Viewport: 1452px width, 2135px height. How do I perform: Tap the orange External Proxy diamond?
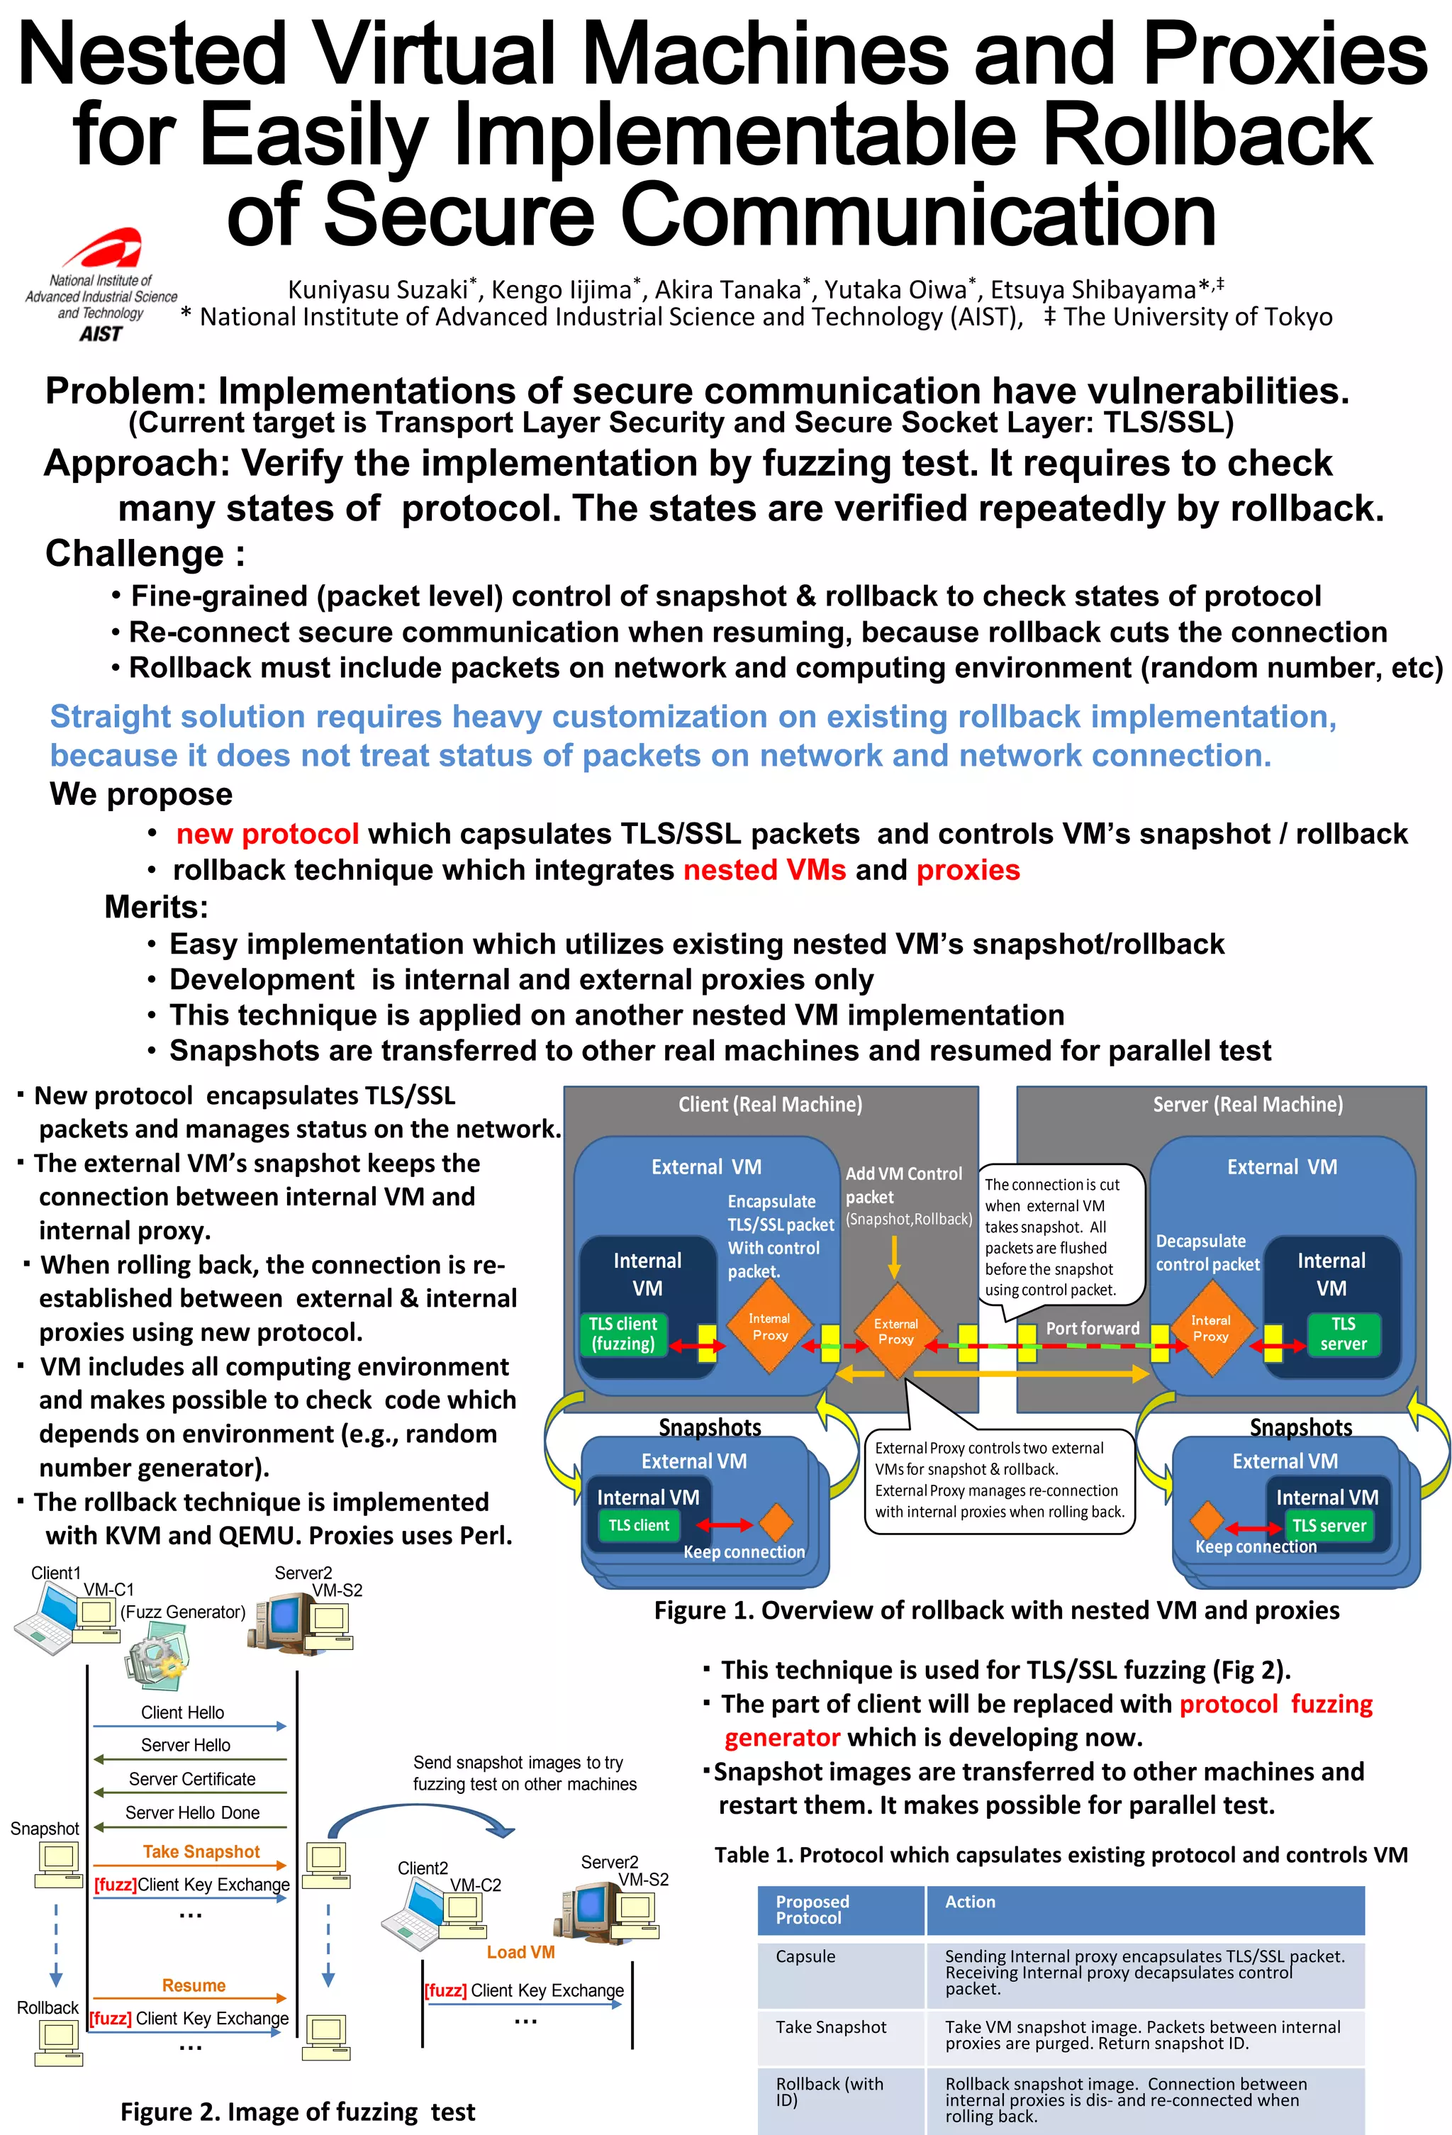pyautogui.click(x=895, y=1331)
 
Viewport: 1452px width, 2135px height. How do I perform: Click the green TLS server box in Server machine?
pyautogui.click(x=1342, y=1334)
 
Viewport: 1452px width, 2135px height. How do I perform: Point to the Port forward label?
pyautogui.click(x=1092, y=1328)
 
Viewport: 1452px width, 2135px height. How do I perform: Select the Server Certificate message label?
pyautogui.click(x=192, y=1778)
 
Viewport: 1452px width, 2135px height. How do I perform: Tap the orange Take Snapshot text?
pyautogui.click(x=201, y=1851)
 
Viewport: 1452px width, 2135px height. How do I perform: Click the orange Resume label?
pyautogui.click(x=194, y=1985)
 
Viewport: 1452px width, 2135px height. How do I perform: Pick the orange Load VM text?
pyautogui.click(x=520, y=1952)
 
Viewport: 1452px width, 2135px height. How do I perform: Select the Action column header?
pyautogui.click(x=970, y=1902)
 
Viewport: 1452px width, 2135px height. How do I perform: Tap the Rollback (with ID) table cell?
pyautogui.click(x=830, y=2092)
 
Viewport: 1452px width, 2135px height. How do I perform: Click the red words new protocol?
pyautogui.click(x=267, y=833)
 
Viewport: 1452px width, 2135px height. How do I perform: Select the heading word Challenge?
pyautogui.click(x=135, y=554)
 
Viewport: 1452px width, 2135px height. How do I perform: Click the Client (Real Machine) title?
pyautogui.click(x=770, y=1104)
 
